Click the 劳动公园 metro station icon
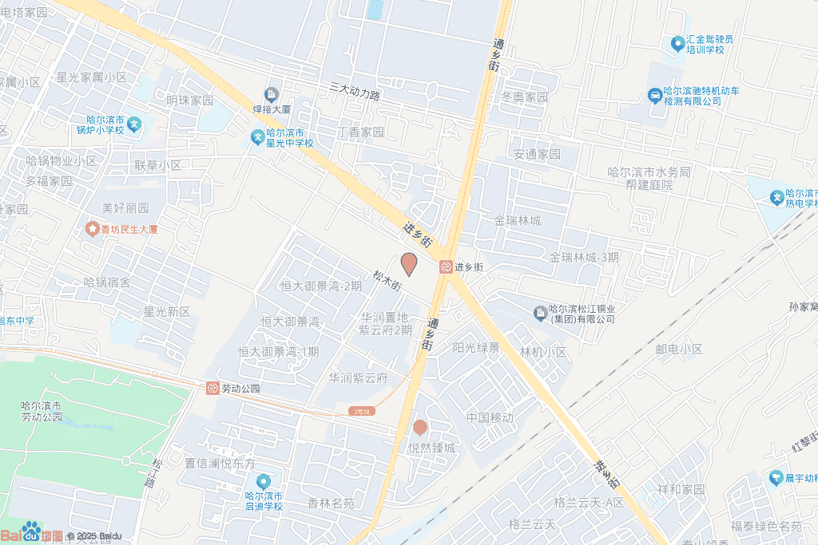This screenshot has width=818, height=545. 212,389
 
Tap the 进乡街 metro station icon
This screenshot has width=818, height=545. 445,267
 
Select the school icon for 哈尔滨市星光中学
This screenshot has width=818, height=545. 258,137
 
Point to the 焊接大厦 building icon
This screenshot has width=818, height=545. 272,95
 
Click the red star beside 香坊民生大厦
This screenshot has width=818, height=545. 92,229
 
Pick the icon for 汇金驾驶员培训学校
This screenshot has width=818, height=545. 677,42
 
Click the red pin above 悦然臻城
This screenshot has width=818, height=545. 420,428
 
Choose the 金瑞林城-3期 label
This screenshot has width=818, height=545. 584,257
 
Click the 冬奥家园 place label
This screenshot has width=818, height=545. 524,97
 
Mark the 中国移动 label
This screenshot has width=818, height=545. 490,417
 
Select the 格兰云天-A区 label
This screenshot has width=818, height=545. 589,502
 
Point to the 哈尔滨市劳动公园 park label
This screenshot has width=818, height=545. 42,411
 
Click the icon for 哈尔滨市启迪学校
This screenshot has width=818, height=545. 264,482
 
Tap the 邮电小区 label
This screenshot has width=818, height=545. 678,349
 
